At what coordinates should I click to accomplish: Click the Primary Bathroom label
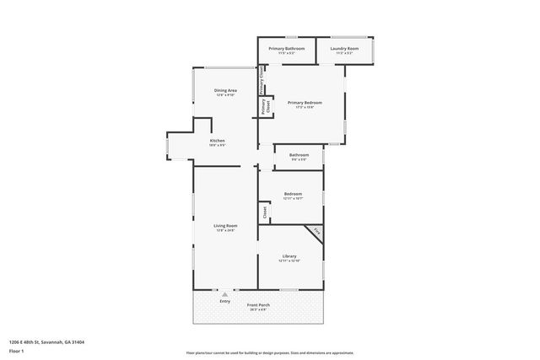pyautogui.click(x=287, y=49)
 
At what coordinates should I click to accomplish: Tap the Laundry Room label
pyautogui.click(x=344, y=49)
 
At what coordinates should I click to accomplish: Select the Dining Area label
pyautogui.click(x=224, y=90)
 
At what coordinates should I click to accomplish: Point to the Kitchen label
pyautogui.click(x=217, y=141)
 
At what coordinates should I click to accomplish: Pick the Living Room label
pyautogui.click(x=224, y=225)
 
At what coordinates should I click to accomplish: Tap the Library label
pyautogui.click(x=289, y=256)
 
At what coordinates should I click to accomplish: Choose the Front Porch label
pyautogui.click(x=258, y=304)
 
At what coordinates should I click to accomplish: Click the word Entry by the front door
pyautogui.click(x=224, y=301)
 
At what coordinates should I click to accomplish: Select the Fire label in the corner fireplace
pyautogui.click(x=316, y=231)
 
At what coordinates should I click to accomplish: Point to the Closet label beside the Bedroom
pyautogui.click(x=264, y=212)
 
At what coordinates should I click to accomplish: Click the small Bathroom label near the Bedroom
pyautogui.click(x=299, y=154)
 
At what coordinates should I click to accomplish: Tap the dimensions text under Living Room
pyautogui.click(x=224, y=230)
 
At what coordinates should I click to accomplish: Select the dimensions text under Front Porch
pyautogui.click(x=258, y=309)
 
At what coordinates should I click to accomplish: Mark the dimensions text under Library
pyautogui.click(x=289, y=261)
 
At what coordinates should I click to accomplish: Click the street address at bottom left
pyautogui.click(x=46, y=342)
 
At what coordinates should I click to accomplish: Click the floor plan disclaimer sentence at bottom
pyautogui.click(x=269, y=353)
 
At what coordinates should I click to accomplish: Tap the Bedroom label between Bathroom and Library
pyautogui.click(x=292, y=194)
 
